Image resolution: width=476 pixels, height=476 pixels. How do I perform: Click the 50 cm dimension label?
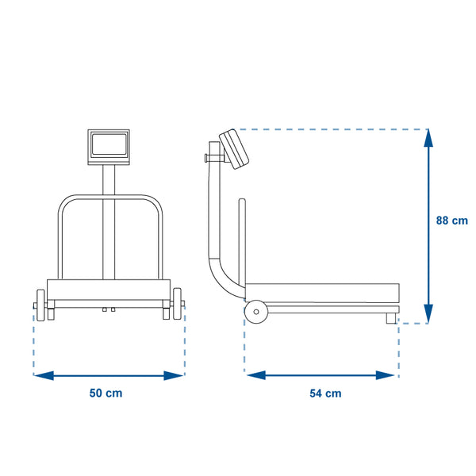click(x=106, y=393)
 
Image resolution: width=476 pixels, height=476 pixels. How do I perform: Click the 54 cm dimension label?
click(x=325, y=393)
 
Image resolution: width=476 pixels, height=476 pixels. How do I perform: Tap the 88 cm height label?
click(x=451, y=221)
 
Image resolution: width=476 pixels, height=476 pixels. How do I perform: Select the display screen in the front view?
click(x=109, y=144)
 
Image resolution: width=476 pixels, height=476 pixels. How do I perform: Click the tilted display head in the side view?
click(x=234, y=149)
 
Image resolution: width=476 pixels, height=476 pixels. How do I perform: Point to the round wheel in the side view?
click(x=256, y=312)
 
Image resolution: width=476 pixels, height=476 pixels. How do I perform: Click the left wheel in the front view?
click(x=40, y=305)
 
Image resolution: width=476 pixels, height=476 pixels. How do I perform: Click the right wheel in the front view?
click(x=177, y=304)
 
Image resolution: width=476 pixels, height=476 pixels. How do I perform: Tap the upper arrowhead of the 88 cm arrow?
click(x=428, y=138)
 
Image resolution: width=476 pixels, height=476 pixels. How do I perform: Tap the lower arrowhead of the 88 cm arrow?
click(x=428, y=314)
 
